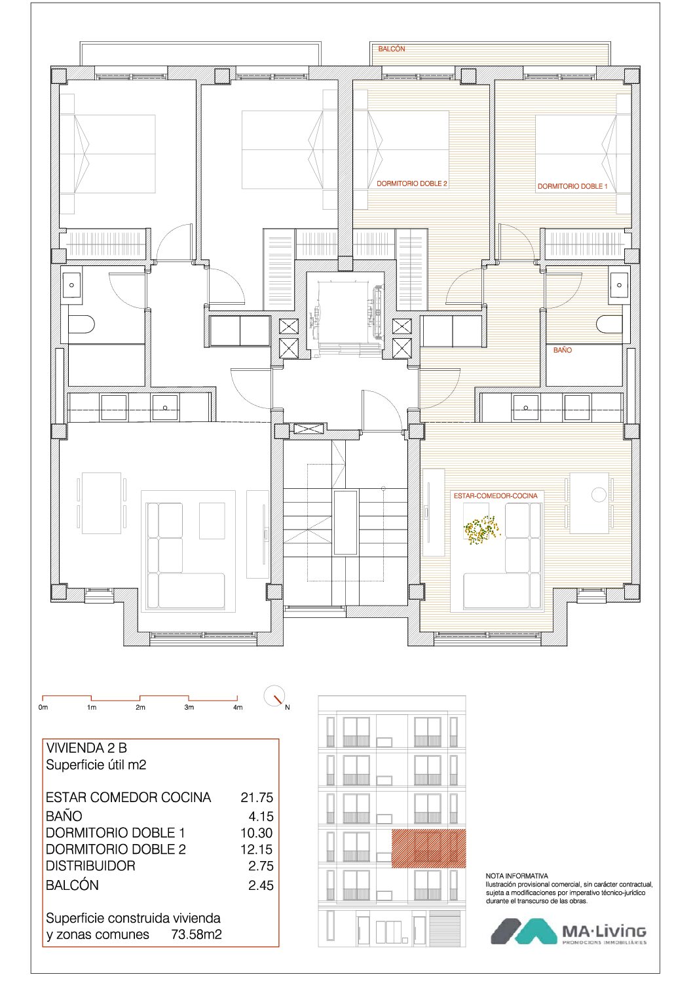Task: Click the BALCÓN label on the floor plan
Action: (392, 49)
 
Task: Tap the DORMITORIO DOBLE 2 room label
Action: (412, 183)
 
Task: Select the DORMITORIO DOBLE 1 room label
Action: (572, 186)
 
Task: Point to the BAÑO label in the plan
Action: (562, 350)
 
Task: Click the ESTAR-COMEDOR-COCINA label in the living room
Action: (495, 496)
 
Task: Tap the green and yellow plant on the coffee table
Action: (481, 529)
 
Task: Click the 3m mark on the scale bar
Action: (189, 707)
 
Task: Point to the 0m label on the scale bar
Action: (43, 707)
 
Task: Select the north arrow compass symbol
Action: (275, 696)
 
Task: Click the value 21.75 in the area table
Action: (257, 798)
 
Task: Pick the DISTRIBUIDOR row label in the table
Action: (90, 866)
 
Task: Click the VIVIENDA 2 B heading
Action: (86, 748)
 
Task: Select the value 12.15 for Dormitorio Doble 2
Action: (257, 850)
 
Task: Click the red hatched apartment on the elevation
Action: (428, 849)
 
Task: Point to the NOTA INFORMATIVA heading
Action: (517, 876)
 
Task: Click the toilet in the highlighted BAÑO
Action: (609, 324)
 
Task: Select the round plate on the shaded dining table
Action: (599, 495)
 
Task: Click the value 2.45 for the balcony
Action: (261, 885)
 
